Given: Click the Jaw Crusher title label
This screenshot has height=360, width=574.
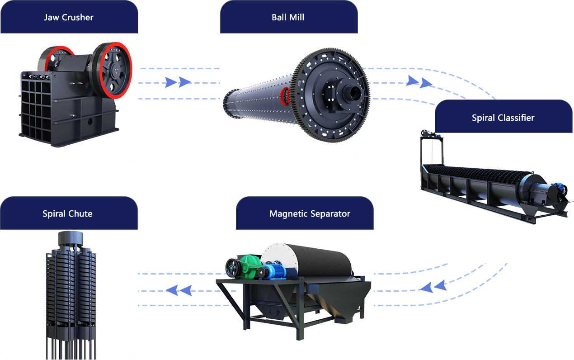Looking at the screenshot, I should (69, 18).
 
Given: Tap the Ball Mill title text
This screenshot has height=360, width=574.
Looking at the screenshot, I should (288, 18).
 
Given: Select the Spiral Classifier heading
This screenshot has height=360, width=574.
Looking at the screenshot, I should (503, 118).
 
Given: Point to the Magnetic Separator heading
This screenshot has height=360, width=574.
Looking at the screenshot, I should (310, 213).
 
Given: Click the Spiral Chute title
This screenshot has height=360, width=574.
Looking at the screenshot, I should (67, 213).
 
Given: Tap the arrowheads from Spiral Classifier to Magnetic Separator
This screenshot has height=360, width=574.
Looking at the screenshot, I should (432, 286).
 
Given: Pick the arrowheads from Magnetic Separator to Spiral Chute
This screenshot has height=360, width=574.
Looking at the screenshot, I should (179, 290).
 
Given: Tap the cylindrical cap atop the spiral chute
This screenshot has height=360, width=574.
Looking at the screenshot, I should (71, 238).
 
